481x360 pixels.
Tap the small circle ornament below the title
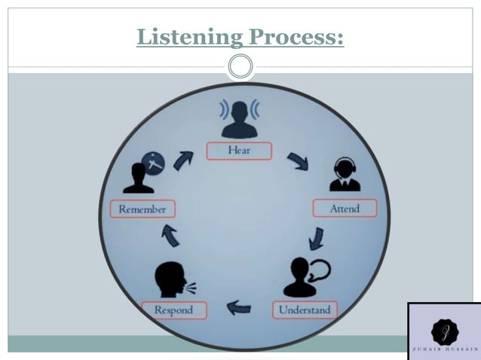pyautogui.click(x=240, y=67)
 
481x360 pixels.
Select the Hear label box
pyautogui.click(x=239, y=151)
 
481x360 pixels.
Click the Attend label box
pyautogui.click(x=345, y=209)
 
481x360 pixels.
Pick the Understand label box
pyautogui.click(x=304, y=310)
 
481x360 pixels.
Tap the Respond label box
pyautogui.click(x=173, y=310)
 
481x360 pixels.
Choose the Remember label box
pyautogui.click(x=142, y=209)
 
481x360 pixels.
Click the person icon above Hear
pyautogui.click(x=239, y=119)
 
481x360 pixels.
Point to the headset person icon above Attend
pyautogui.click(x=345, y=175)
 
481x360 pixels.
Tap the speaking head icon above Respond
pyautogui.click(x=172, y=279)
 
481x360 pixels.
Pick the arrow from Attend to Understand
pyautogui.click(x=317, y=239)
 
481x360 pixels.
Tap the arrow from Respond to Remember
pyautogui.click(x=171, y=236)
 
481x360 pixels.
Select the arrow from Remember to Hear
pyautogui.click(x=183, y=160)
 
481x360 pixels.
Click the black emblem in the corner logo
pyautogui.click(x=444, y=329)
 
